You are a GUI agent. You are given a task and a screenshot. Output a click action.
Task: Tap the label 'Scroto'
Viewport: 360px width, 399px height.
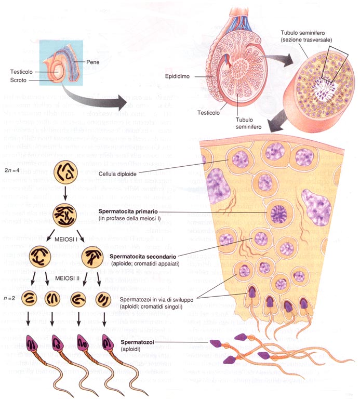coord(19,81)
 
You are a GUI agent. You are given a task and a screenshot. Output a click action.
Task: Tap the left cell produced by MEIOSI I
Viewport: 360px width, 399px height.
coord(44,256)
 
